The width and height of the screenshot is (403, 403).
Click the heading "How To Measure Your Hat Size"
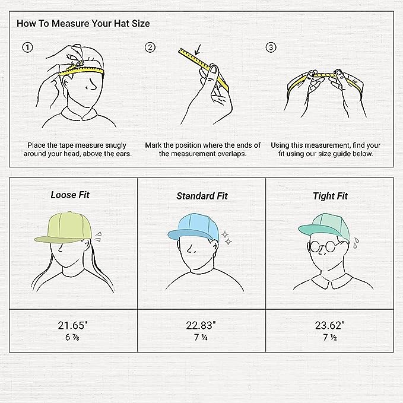(83, 23)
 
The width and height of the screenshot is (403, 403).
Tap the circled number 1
(27, 47)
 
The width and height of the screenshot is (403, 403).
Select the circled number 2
(150, 47)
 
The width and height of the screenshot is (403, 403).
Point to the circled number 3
(271, 47)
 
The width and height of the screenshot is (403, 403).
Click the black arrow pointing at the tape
(198, 50)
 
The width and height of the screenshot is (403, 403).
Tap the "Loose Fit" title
(70, 195)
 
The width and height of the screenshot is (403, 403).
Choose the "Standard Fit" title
(202, 196)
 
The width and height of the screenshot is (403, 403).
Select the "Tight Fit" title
(330, 196)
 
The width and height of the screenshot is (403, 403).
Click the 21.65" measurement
(73, 325)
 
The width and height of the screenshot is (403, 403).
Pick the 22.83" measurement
(201, 325)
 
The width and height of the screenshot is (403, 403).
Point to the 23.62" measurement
(330, 325)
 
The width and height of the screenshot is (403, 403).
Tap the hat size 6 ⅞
(72, 337)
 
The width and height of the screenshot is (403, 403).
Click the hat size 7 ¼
(201, 337)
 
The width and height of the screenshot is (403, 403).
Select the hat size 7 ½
(330, 337)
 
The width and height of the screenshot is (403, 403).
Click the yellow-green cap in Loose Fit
(64, 227)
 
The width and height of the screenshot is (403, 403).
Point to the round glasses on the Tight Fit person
(323, 247)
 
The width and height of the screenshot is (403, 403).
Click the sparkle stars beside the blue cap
(227, 238)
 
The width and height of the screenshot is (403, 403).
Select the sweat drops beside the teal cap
(356, 243)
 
